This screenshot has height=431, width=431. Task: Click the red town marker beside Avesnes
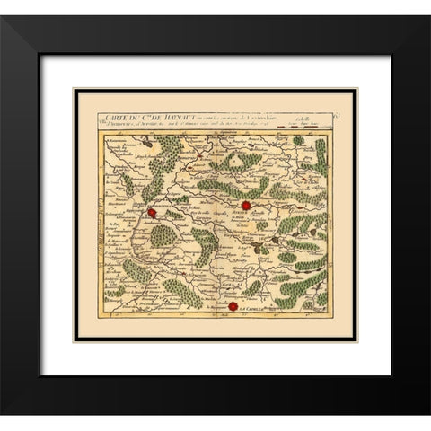tap(245, 205)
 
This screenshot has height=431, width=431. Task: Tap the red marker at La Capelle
tap(233, 306)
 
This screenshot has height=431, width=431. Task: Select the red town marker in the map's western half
tap(153, 213)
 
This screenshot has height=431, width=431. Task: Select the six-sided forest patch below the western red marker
tap(163, 236)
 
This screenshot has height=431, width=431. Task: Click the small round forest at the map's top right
tap(299, 141)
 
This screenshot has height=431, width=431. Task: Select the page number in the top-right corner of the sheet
tap(335, 115)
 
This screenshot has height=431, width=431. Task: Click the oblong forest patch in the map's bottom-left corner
tap(115, 292)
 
